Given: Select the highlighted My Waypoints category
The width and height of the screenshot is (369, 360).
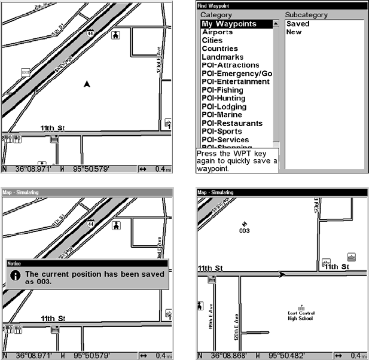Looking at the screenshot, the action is (229, 24).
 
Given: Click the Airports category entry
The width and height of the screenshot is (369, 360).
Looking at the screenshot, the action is (217, 32).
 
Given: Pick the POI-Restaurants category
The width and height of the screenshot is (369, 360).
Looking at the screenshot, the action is (232, 123).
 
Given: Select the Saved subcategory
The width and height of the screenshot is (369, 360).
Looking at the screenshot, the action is (298, 24).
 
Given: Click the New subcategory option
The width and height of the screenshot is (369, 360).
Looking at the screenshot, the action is (294, 32).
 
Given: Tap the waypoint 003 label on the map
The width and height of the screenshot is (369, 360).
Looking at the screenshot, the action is (244, 230).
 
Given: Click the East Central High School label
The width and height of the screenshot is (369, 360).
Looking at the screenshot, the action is (301, 315).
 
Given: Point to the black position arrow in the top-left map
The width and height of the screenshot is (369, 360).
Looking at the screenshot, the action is (87, 84).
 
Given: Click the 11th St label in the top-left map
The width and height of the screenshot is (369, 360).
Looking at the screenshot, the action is (53, 129).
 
